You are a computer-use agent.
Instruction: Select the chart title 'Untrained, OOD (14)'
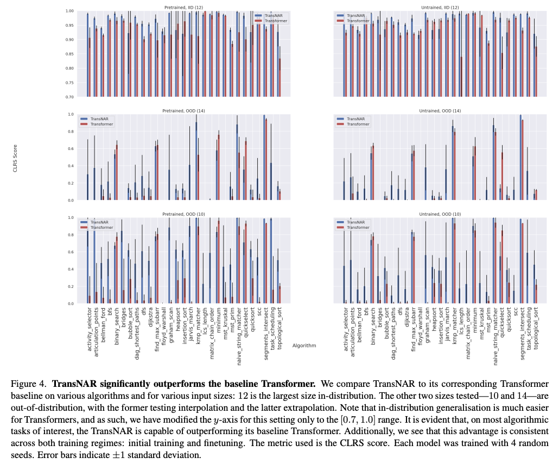click(440, 111)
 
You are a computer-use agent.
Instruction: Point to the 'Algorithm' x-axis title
click(304, 345)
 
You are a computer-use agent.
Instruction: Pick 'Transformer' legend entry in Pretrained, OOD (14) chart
click(98, 124)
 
